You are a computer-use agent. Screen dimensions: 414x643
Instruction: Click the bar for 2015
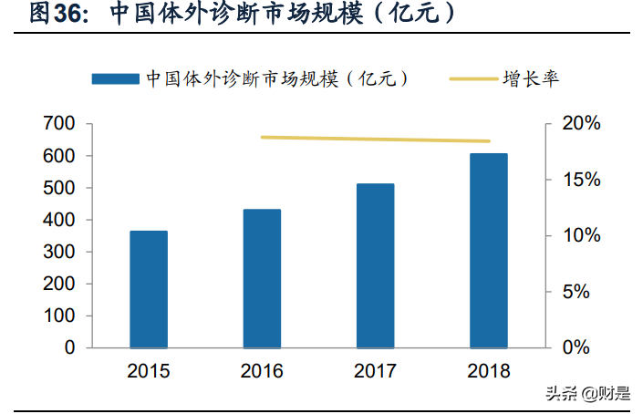149,289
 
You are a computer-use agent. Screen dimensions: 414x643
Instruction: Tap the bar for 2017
375,265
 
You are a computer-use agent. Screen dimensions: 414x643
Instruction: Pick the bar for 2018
488,251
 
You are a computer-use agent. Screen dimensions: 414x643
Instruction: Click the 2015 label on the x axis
149,371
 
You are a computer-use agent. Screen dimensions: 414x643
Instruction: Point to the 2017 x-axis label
375,371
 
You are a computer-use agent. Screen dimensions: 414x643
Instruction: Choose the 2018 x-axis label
488,371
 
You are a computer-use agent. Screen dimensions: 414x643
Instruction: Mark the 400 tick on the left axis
59,220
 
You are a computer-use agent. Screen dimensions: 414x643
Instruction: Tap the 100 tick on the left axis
59,316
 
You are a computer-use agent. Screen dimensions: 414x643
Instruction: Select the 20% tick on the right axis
580,124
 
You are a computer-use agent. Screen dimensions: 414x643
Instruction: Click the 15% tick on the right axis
580,180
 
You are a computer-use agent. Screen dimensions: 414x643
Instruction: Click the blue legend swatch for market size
116,79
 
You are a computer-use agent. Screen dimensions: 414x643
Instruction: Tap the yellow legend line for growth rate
472,79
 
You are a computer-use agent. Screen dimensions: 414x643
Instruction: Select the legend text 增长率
530,79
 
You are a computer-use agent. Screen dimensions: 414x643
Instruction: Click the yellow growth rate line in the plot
375,140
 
